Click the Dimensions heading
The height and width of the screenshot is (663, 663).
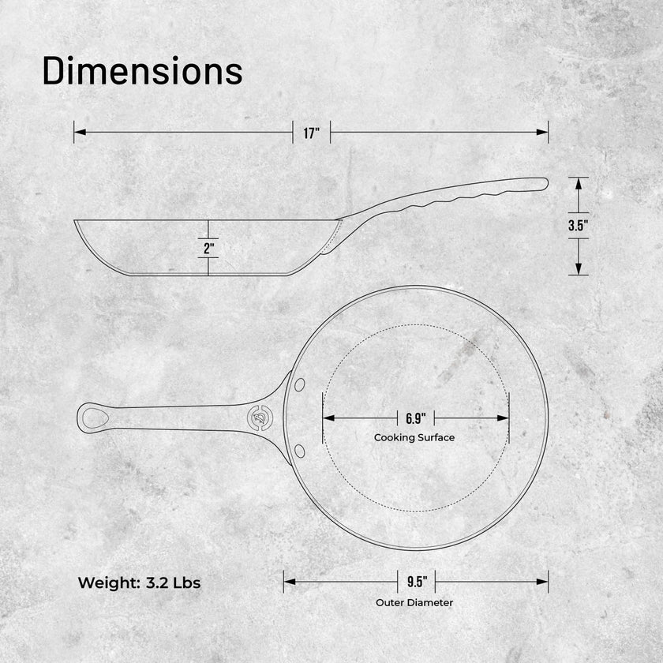[143, 71]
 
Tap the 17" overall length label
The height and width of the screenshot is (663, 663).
[312, 133]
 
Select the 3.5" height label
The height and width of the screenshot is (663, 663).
[579, 226]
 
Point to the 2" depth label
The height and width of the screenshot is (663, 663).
[208, 248]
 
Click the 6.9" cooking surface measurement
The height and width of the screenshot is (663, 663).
[416, 418]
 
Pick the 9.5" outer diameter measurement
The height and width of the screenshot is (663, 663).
[417, 582]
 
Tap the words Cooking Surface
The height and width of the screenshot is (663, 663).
[414, 437]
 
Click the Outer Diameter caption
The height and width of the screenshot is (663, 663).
[414, 602]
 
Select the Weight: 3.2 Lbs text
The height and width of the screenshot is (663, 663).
[139, 582]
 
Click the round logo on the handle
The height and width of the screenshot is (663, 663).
[260, 418]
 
